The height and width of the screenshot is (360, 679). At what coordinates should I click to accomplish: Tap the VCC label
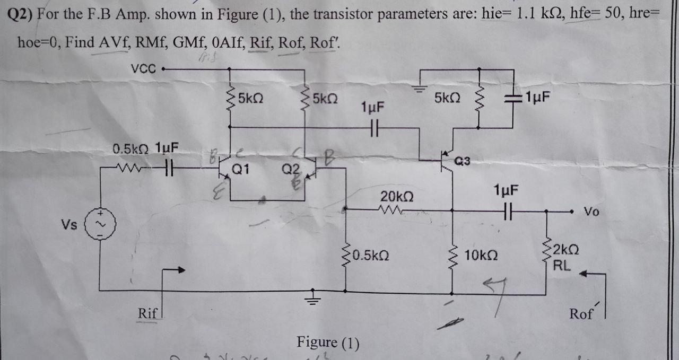point(143,68)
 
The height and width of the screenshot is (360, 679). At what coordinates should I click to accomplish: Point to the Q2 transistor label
point(290,170)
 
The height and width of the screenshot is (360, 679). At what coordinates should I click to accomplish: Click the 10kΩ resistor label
point(481,256)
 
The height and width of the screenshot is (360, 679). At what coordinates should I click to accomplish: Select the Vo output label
point(591,212)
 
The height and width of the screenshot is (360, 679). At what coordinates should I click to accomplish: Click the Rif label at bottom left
point(147,313)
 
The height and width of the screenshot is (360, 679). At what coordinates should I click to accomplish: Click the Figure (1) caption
point(327,342)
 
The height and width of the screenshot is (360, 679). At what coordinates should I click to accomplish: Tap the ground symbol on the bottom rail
point(312,298)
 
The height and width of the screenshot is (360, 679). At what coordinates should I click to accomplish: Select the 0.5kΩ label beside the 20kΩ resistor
point(371,256)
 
